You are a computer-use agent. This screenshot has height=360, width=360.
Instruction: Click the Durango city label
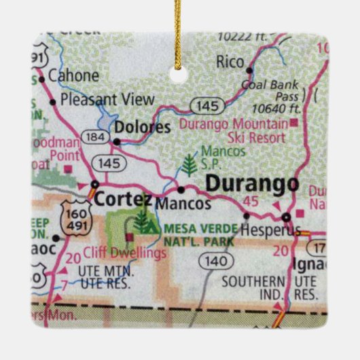252,183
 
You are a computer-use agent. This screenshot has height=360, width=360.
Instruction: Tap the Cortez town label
122,199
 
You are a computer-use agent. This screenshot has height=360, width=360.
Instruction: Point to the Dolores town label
143,127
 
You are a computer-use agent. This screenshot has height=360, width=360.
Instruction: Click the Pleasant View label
107,100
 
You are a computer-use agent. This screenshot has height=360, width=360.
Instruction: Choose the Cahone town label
70,77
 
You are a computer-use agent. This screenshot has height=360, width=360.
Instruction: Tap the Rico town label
230,62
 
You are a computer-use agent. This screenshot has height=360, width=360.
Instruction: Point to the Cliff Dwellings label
126,253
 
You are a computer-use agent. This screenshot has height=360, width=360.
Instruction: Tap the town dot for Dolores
116,142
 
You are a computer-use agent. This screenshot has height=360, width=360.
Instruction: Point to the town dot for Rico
249,70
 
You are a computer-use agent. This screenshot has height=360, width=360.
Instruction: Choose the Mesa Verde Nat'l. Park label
198,235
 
